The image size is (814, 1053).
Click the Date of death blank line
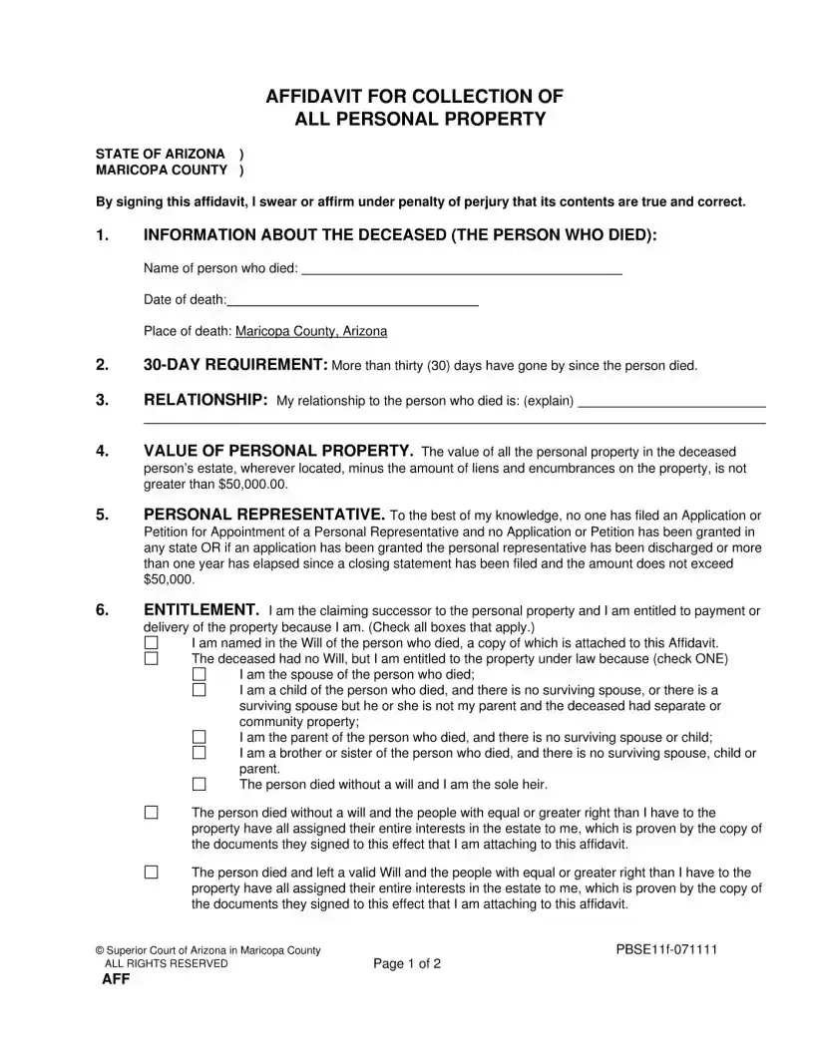tap(353, 299)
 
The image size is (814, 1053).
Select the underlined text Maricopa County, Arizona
tap(311, 331)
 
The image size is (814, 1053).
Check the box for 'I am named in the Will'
tap(151, 644)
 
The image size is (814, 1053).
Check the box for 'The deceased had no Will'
tap(151, 659)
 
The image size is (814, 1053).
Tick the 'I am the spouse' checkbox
tap(199, 674)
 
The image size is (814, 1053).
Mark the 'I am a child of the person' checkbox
tap(199, 689)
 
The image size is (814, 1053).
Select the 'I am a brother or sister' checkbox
tap(199, 753)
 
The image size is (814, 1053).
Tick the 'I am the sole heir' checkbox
tap(199, 785)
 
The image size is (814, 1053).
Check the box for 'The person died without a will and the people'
tap(151, 813)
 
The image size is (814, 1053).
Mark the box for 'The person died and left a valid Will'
tap(151, 873)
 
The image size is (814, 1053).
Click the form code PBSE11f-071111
tap(666, 949)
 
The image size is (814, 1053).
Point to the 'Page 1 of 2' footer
tap(407, 963)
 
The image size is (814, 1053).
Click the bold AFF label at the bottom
tap(116, 980)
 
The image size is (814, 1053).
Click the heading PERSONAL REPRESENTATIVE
tap(264, 515)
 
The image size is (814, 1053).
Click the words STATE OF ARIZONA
tap(160, 154)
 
